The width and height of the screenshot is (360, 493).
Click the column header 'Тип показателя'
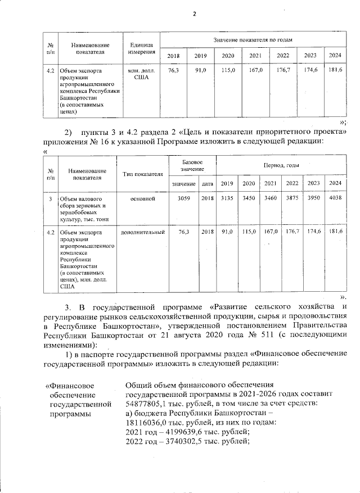143,175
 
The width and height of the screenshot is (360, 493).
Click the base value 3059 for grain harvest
184,199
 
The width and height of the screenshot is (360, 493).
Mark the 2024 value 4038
335,199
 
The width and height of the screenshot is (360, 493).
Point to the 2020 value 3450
249,199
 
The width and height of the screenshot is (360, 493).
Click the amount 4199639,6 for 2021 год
184,431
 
